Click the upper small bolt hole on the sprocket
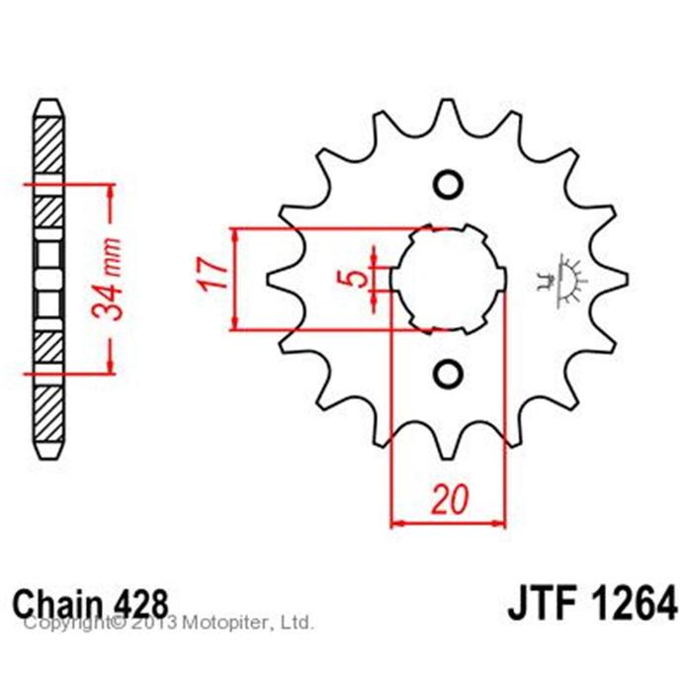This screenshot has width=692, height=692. coord(449,184)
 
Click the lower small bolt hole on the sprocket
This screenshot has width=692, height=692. coord(449,375)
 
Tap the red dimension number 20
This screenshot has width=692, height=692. coord(449,499)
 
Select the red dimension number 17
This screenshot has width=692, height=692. coord(214,274)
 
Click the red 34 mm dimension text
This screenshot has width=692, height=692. coord(106,279)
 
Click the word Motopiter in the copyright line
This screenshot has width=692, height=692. coord(227,623)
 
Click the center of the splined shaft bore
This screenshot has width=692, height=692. coord(449,280)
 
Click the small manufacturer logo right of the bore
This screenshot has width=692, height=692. coord(561,280)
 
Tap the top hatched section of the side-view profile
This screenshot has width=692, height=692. coord(48,146)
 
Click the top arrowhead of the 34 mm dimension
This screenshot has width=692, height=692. coord(111,191)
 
